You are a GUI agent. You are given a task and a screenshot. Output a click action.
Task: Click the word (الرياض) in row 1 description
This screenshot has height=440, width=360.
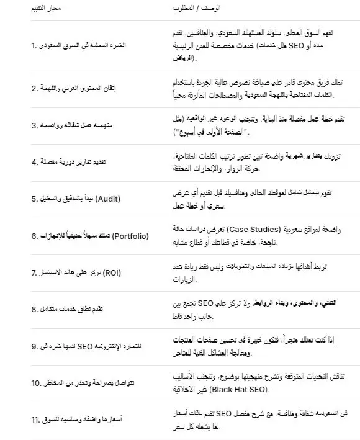pyautogui.click(x=184, y=59)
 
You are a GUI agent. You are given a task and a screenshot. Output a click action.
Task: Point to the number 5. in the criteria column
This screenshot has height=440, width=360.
pyautogui.click(x=35, y=199)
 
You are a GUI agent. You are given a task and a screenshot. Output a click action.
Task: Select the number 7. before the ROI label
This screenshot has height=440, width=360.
pyautogui.click(x=35, y=272)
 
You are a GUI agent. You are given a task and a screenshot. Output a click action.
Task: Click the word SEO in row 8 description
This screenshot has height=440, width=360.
pyautogui.click(x=237, y=303)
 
